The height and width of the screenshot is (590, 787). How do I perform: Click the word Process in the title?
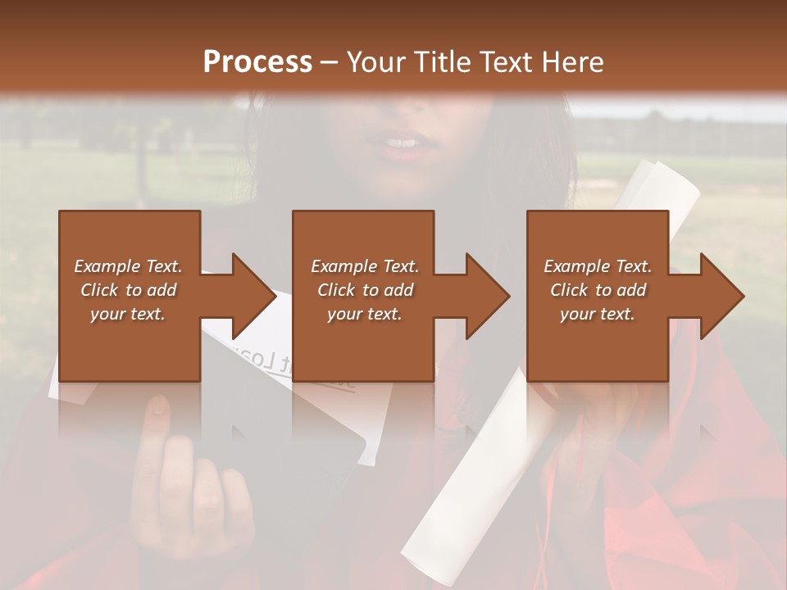tap(257, 62)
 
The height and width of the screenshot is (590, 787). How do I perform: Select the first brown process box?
tap(130, 336)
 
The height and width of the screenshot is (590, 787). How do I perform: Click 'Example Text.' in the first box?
tap(128, 266)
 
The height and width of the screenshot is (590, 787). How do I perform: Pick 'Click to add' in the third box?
tap(598, 290)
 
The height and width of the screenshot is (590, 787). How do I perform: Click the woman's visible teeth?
tap(402, 143)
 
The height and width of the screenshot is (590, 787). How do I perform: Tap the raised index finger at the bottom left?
tap(157, 426)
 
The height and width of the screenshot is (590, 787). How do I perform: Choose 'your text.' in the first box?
tap(128, 314)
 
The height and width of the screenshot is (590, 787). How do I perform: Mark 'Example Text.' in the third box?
tap(598, 266)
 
